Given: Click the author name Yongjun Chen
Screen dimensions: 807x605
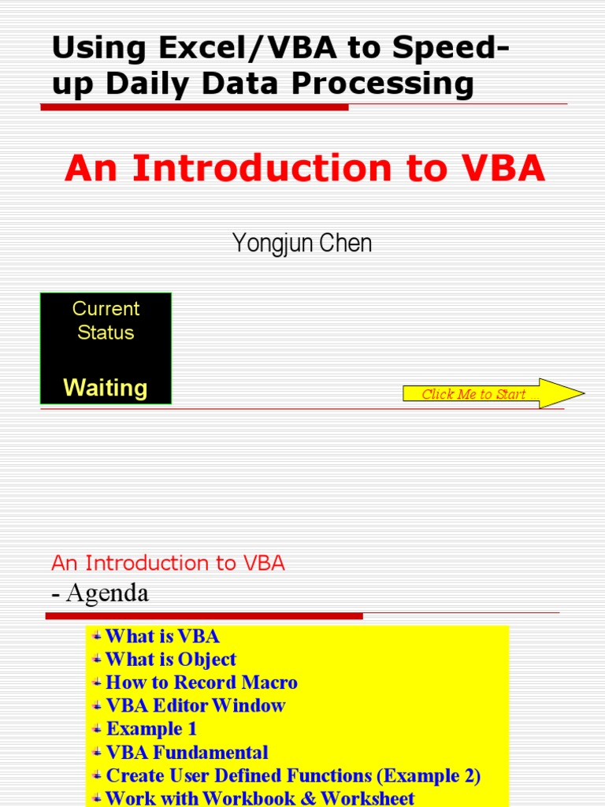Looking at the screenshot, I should click(302, 244).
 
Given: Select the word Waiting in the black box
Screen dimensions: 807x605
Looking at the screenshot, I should click(105, 388).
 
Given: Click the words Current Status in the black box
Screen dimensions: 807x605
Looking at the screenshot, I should click(106, 320).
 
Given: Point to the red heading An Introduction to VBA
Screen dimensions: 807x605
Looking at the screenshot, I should click(305, 168).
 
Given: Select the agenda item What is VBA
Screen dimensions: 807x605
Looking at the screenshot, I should click(161, 636).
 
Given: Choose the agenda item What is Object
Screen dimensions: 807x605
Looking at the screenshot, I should click(170, 659).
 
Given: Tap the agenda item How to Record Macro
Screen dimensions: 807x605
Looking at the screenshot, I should click(201, 682).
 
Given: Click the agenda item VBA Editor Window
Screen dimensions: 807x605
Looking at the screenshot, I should click(195, 705).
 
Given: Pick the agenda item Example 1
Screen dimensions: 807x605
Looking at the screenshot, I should click(151, 729).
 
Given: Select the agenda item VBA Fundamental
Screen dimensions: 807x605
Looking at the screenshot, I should click(187, 753).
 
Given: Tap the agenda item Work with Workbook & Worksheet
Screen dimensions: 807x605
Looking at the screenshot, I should click(259, 798).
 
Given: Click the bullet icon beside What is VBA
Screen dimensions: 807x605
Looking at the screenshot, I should click(97, 634).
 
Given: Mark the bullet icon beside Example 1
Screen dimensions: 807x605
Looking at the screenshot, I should click(97, 727).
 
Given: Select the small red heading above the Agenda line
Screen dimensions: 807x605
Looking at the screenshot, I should click(168, 563).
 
